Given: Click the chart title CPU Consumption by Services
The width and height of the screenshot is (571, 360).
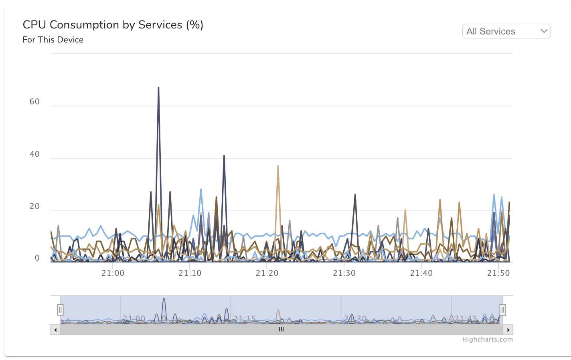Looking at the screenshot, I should coord(113,25).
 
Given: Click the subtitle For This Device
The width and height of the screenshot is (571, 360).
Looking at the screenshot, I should coord(53,40).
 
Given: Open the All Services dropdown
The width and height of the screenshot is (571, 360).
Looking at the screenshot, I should coord(506,31).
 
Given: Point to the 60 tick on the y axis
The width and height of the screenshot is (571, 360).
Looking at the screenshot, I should coord(35,102).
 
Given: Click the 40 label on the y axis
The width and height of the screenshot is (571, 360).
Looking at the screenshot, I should coord(35,154).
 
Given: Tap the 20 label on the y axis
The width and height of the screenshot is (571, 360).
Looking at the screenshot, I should coord(35,206).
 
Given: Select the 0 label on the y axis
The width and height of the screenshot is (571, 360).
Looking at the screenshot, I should coord(37,258).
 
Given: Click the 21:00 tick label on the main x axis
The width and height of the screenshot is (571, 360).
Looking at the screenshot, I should coord(113,273).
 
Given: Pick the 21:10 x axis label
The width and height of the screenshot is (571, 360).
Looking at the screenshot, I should coord(190,273).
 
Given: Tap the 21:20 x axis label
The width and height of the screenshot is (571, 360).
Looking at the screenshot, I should coord(267,273).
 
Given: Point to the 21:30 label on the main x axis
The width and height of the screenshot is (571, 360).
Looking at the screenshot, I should coord(344,273).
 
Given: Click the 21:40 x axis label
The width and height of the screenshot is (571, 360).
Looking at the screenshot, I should coord(421,273).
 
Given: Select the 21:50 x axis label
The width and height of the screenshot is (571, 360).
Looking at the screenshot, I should coord(498,273).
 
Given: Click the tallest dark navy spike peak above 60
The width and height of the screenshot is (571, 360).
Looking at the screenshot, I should coord(158,88).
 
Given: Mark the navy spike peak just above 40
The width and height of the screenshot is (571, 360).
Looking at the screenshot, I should coord(224,156).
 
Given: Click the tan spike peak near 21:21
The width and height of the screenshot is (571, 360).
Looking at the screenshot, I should coord(278,166).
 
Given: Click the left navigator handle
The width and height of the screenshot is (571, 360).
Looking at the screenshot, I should coord(60,309).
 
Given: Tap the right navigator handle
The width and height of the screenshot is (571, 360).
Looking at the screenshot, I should coord(503,309).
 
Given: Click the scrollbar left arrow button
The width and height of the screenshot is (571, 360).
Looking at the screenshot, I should coord(55,330).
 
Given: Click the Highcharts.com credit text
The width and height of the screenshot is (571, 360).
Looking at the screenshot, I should coord(487,340).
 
